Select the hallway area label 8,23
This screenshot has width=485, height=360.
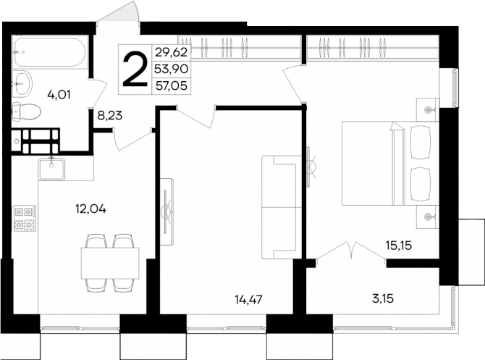click(x=111, y=114)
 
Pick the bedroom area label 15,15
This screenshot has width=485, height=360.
click(x=399, y=245)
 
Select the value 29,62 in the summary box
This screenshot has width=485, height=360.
click(x=170, y=51)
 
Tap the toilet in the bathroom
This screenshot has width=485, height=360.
click(x=27, y=112)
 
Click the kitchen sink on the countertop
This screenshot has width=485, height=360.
click(x=53, y=168)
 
